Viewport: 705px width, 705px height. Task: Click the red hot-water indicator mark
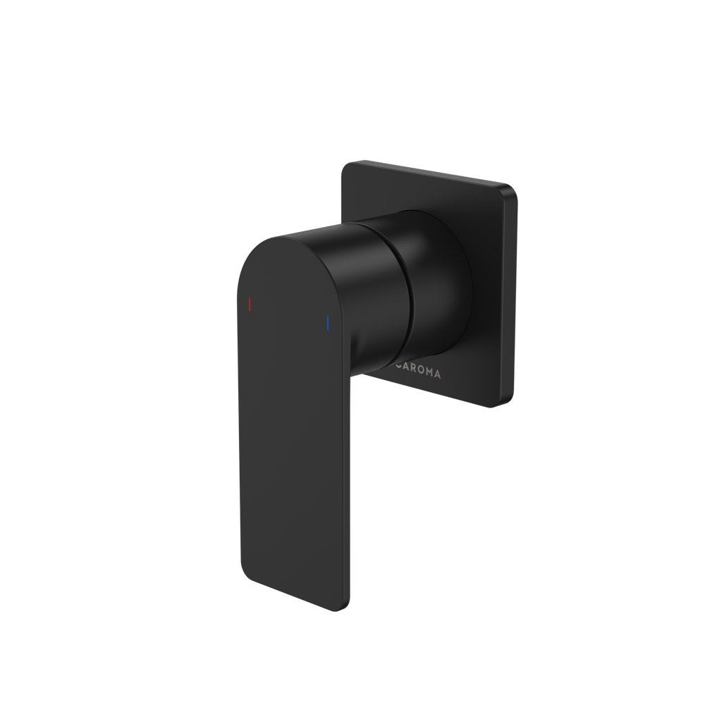tap(248, 304)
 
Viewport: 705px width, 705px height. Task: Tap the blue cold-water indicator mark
tap(327, 323)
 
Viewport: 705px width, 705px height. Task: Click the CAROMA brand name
tap(419, 371)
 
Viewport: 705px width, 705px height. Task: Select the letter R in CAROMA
tap(416, 370)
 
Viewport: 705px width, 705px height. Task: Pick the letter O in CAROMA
tap(423, 372)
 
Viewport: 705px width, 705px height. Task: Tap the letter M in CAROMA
tap(431, 373)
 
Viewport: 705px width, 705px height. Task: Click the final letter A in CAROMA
tap(439, 375)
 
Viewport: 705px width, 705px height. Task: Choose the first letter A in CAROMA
tap(407, 369)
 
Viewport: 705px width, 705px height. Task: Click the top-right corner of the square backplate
tap(513, 189)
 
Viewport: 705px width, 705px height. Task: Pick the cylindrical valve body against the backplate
tap(437, 282)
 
